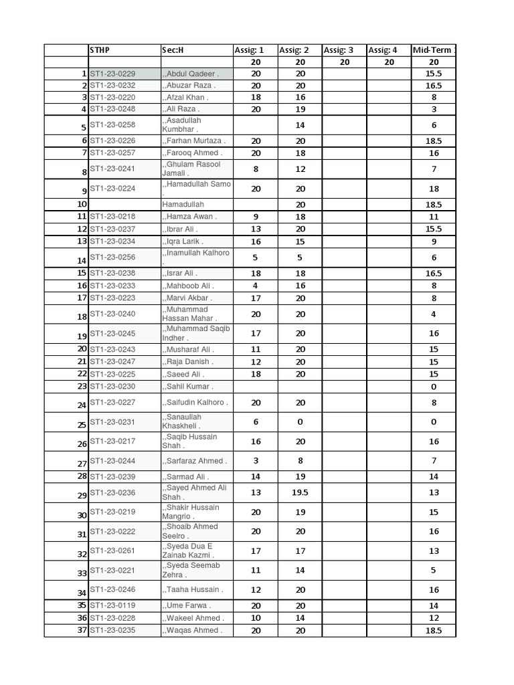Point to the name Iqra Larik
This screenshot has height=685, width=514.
183,241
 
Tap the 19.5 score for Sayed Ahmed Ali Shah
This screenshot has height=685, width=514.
300,492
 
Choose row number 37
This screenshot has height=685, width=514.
82,630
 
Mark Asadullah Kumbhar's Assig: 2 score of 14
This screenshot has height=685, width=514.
300,125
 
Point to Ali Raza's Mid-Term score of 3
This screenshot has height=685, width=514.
434,109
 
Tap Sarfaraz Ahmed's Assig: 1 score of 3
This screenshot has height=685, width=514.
256,460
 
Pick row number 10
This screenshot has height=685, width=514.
82,204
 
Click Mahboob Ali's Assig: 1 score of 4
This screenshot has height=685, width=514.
256,286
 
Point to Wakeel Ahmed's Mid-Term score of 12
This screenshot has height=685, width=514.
434,618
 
